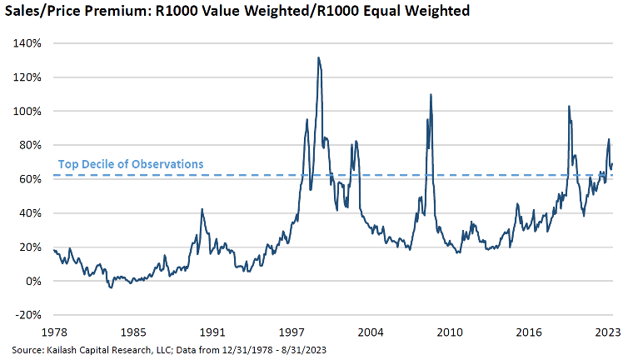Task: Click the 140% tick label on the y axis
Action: [28, 43]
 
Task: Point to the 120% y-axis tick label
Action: [28, 77]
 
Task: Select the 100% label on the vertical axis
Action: [28, 112]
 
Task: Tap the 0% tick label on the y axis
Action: [33, 282]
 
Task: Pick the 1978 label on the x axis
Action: [54, 332]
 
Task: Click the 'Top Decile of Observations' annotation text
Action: [130, 164]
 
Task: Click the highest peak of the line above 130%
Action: [318, 57]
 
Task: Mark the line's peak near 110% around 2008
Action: [431, 94]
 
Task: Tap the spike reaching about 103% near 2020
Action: [568, 106]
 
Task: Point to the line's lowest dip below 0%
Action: [110, 288]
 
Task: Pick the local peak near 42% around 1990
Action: [202, 209]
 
